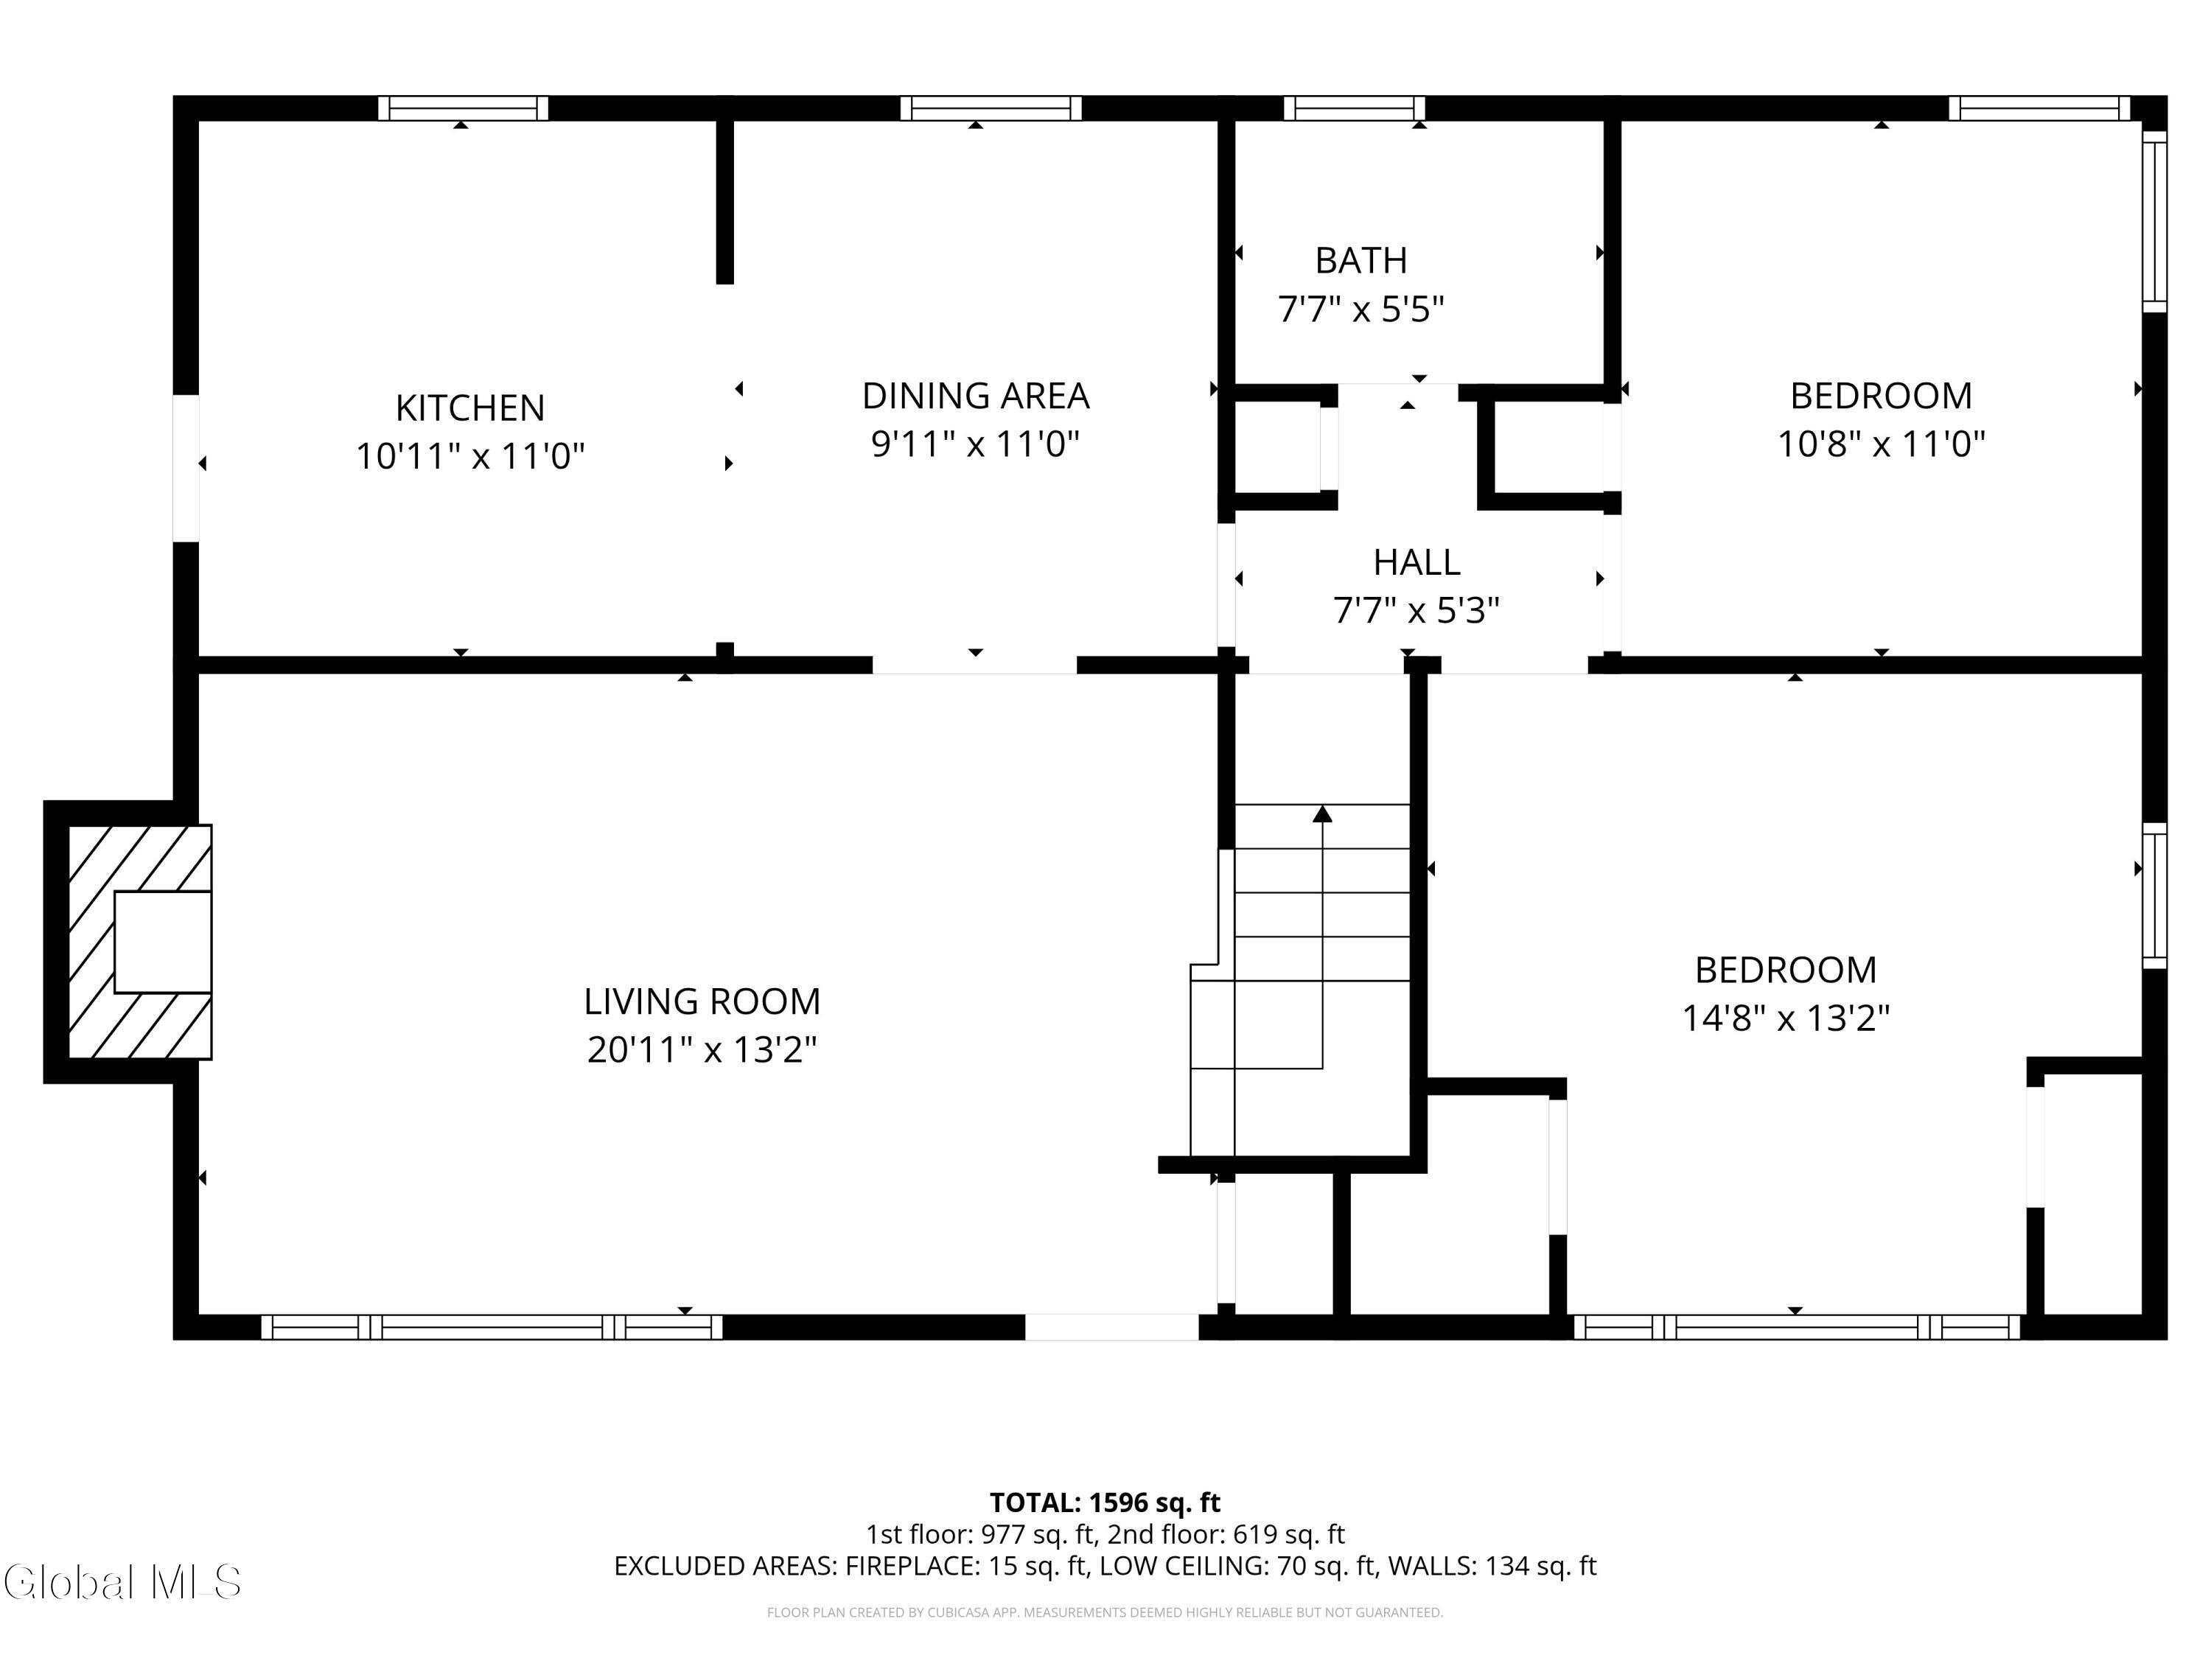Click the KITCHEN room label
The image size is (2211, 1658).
(x=469, y=407)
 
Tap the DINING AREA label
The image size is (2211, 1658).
(x=976, y=396)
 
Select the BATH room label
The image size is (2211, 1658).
(x=1361, y=260)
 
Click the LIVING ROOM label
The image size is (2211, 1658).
(x=702, y=1001)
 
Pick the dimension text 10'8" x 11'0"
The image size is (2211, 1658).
(x=1881, y=444)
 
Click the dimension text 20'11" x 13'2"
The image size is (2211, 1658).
(x=702, y=1049)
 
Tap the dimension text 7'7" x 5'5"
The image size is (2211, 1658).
(x=1361, y=309)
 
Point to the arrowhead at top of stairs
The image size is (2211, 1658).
(x=1322, y=814)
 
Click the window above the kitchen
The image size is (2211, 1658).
(x=463, y=108)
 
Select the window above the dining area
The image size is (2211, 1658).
(x=991, y=108)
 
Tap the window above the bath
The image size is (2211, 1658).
(x=1355, y=108)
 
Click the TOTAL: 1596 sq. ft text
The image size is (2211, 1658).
(x=1105, y=1502)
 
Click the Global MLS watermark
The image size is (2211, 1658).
(x=122, y=1582)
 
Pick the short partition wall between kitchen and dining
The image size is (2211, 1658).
(x=724, y=202)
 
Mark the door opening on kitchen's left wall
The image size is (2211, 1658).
(x=186, y=469)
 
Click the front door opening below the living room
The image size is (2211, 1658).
(x=1111, y=1326)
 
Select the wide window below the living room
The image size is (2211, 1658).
(x=492, y=1326)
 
